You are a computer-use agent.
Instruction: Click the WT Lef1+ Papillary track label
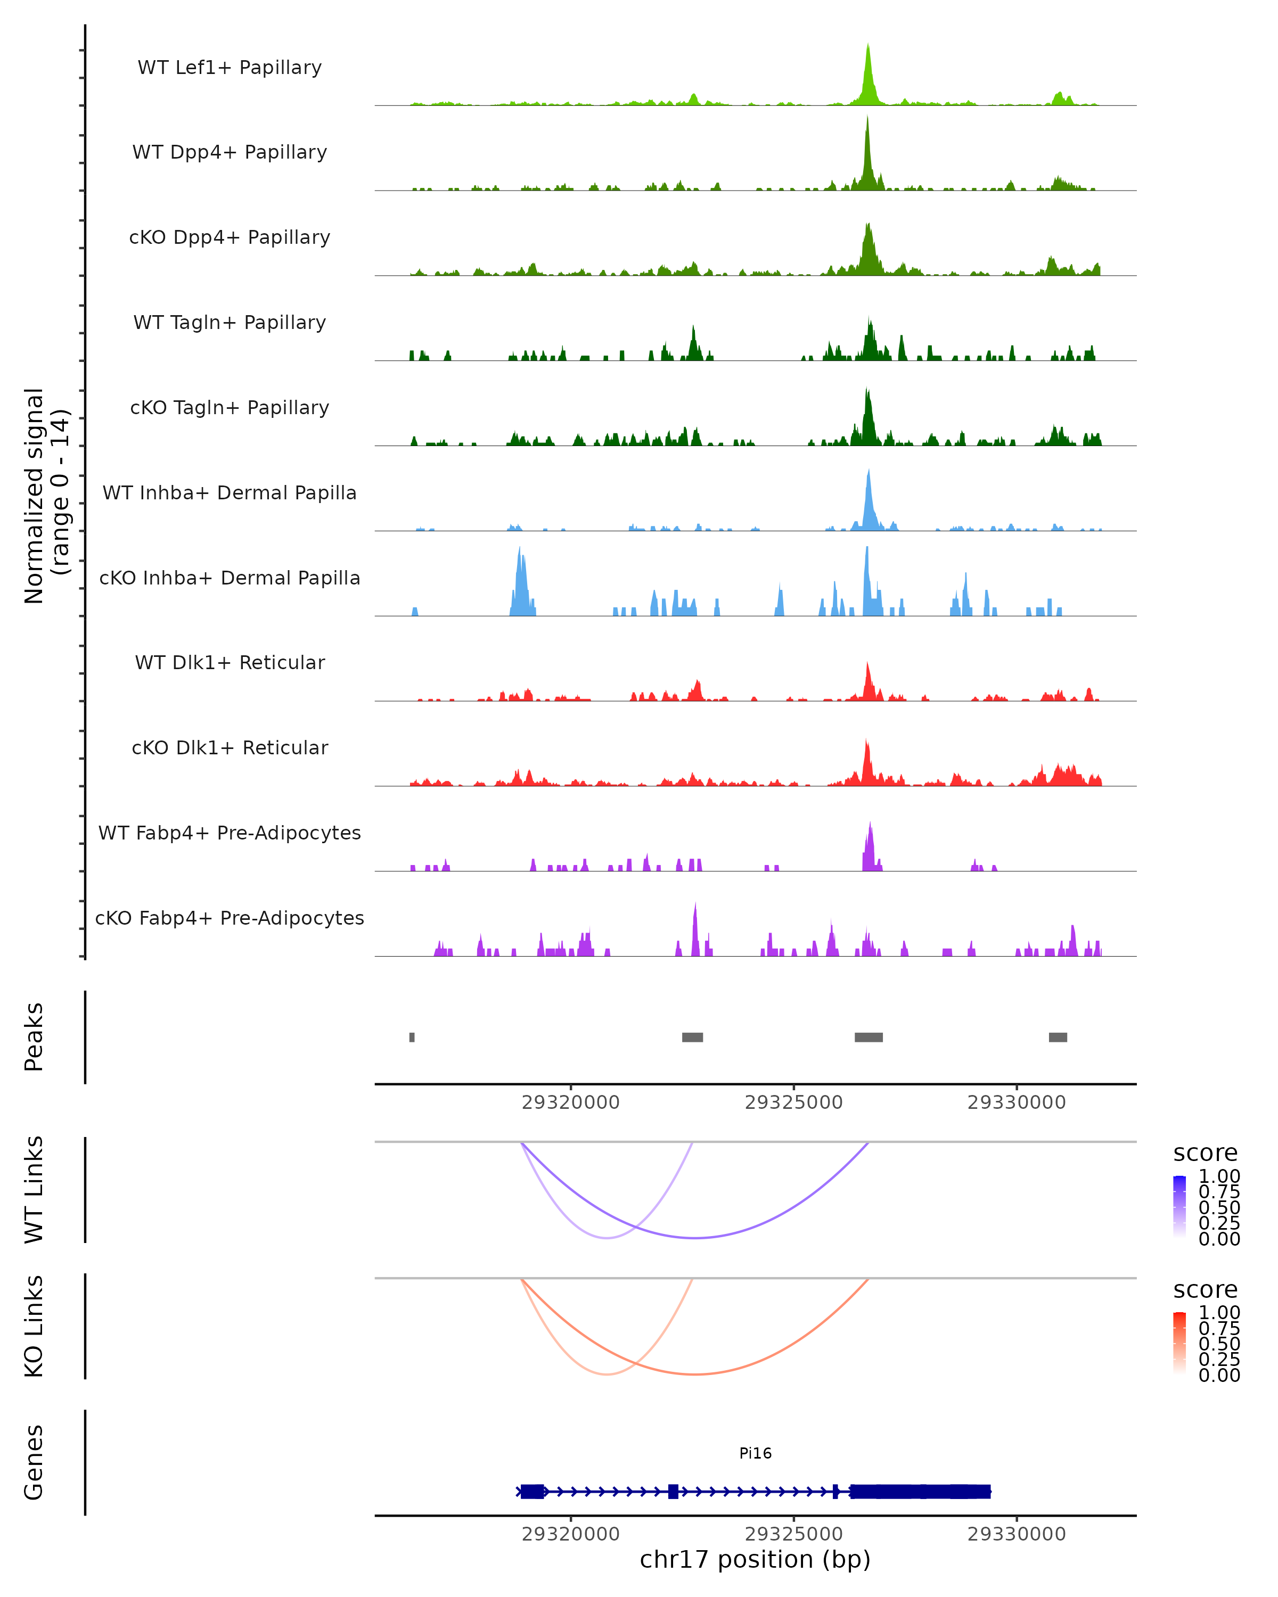tap(230, 68)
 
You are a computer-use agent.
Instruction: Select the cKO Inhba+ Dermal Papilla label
tap(230, 578)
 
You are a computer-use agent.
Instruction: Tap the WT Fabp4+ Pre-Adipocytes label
tap(230, 833)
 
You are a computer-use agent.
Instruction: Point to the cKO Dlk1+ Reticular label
tap(230, 747)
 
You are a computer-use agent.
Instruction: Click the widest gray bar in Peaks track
tap(869, 1037)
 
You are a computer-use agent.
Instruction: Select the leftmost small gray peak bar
tap(412, 1037)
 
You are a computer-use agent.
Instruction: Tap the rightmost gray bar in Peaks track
tap(1058, 1037)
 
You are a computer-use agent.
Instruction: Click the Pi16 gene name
tap(755, 1453)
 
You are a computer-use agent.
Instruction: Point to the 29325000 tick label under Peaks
tap(793, 1102)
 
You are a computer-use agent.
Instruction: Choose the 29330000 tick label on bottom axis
tap(1017, 1534)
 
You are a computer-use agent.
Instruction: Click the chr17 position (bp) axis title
tap(755, 1560)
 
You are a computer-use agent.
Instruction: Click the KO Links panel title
tap(34, 1326)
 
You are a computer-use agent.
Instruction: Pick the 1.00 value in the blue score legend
tap(1219, 1176)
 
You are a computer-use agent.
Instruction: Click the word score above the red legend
tap(1206, 1290)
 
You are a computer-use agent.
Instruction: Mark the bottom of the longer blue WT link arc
tap(695, 1238)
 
